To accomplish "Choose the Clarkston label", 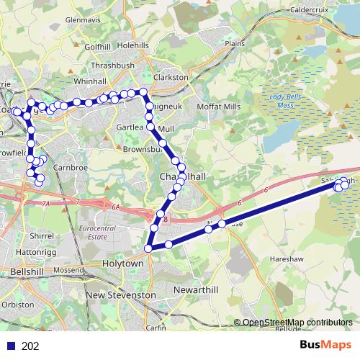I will click(171, 76).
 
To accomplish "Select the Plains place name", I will click(235, 43).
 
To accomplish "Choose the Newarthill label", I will click(196, 289).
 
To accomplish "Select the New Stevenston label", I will click(120, 295).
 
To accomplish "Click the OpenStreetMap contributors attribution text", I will click(297, 323).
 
